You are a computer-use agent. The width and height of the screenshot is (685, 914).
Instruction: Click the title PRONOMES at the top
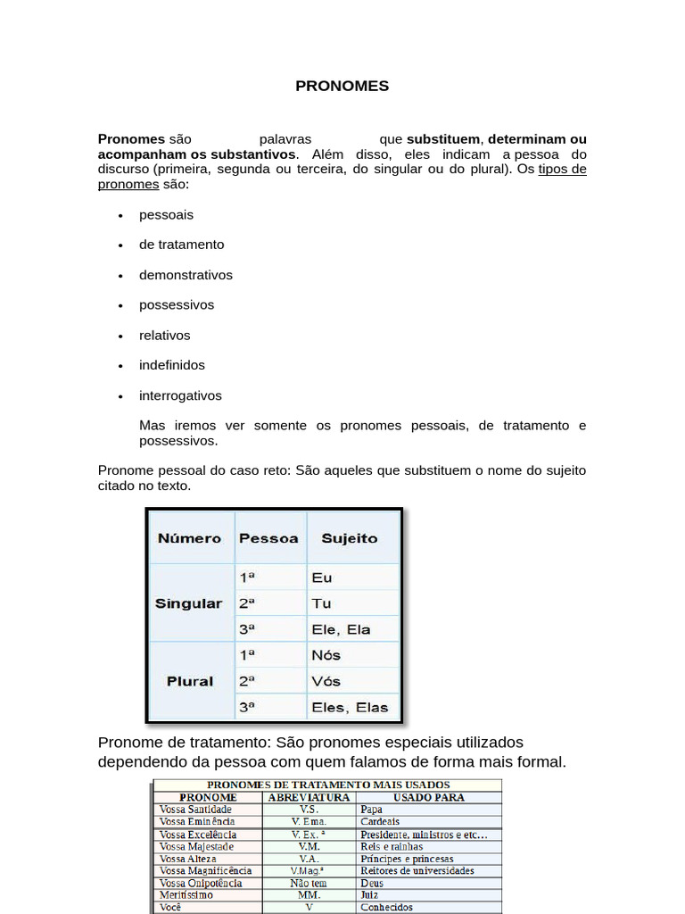coord(342,87)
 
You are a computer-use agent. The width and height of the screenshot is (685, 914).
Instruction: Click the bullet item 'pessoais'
coord(166,215)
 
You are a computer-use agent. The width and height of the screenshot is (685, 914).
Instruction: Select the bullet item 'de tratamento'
coord(181,245)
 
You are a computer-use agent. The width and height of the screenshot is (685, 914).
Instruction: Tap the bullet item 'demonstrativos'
coord(186,275)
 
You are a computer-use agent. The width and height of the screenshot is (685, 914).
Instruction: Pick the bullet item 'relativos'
coord(164,336)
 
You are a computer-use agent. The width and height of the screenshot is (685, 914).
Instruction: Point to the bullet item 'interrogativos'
coord(180,395)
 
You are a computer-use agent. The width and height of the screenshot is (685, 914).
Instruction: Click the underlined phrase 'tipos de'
coord(562,170)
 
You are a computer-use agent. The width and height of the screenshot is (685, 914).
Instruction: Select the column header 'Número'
coord(189,538)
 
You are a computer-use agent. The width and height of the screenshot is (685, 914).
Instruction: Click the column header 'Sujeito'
coord(349,538)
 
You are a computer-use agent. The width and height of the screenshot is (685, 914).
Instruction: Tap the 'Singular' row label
coord(188,603)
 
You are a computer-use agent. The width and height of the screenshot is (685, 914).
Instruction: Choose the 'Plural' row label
coord(190,681)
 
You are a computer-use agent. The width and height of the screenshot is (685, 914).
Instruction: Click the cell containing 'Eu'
coord(322,577)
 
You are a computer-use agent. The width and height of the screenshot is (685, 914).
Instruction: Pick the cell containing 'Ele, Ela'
coord(341,629)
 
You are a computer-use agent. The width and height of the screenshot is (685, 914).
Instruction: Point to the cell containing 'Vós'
coord(326,681)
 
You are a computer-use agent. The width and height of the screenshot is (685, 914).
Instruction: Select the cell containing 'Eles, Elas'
coord(350,707)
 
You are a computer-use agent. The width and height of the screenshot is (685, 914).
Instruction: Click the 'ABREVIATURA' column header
coord(309,797)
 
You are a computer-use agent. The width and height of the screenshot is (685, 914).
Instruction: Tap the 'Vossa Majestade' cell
coord(196,846)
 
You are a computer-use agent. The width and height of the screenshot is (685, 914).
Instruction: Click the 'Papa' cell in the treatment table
coord(372,810)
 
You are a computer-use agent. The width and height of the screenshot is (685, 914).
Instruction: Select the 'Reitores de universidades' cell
coord(417,870)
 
